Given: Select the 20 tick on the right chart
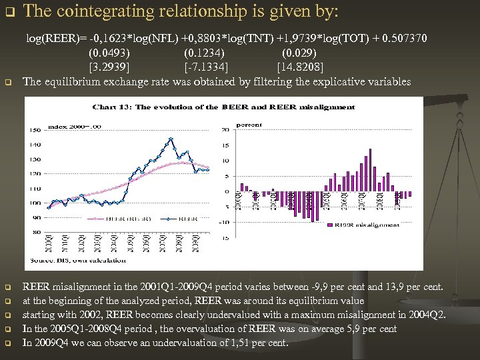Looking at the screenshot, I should [x=225, y=130].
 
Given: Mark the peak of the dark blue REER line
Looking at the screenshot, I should [x=171, y=139].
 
